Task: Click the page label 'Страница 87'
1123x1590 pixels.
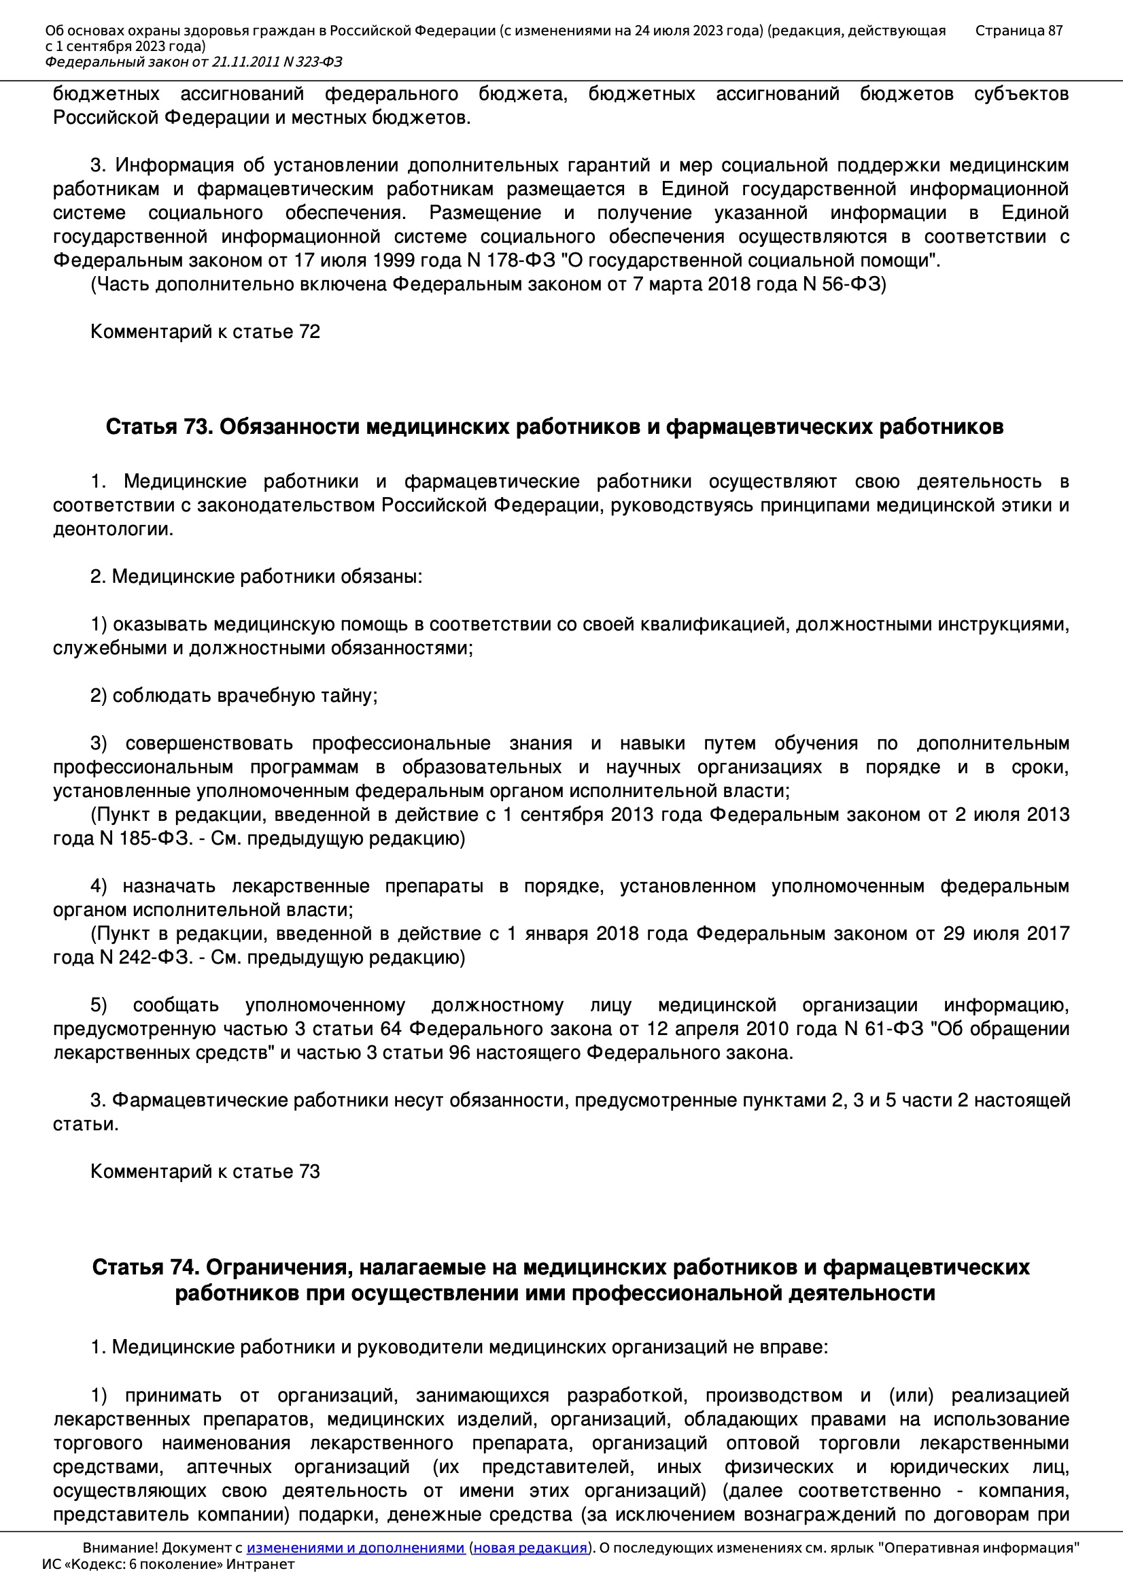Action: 1018,31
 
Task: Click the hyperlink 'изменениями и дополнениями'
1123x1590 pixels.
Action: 355,1547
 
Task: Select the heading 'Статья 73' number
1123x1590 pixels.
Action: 158,427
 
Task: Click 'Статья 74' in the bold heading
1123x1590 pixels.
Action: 145,1267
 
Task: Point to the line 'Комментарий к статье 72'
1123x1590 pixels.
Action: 205,332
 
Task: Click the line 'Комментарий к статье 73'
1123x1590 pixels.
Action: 205,1171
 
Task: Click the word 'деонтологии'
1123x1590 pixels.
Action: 113,529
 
